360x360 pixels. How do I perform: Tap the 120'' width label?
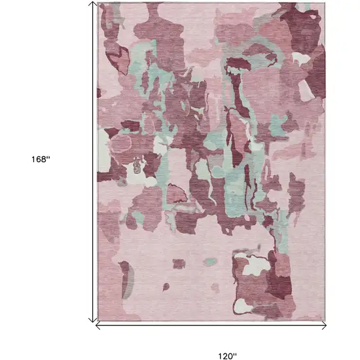coord(227,357)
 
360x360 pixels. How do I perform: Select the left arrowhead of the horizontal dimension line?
coord(99,323)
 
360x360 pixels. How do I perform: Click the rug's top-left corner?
coord(97,3)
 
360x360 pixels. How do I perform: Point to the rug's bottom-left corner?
coord(97,320)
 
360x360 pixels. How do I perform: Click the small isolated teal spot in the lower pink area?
coord(209,262)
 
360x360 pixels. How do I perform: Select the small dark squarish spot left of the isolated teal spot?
coord(178,264)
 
